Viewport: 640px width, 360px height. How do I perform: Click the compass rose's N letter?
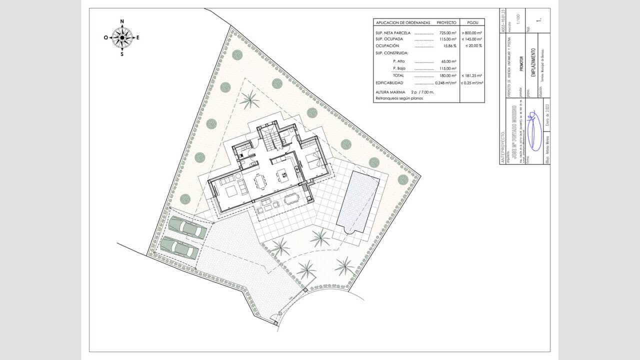coord(122,22)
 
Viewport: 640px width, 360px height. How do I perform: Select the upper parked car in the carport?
coord(187,228)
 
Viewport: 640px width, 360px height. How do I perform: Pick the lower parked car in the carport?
coord(179,247)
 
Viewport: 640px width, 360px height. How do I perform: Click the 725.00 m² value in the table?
coord(447,32)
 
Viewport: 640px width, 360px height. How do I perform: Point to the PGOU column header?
coord(471,22)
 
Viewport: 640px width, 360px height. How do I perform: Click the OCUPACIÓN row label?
coord(387,45)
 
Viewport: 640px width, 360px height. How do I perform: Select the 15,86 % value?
coord(449,45)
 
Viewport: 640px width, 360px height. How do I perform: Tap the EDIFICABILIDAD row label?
coord(393,82)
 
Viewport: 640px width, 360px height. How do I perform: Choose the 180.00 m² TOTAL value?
coord(447,75)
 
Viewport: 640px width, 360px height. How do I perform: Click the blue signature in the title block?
coord(534,131)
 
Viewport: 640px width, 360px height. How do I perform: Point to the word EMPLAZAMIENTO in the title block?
coord(533,62)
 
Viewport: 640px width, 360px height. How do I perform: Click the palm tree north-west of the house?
coord(249,100)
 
